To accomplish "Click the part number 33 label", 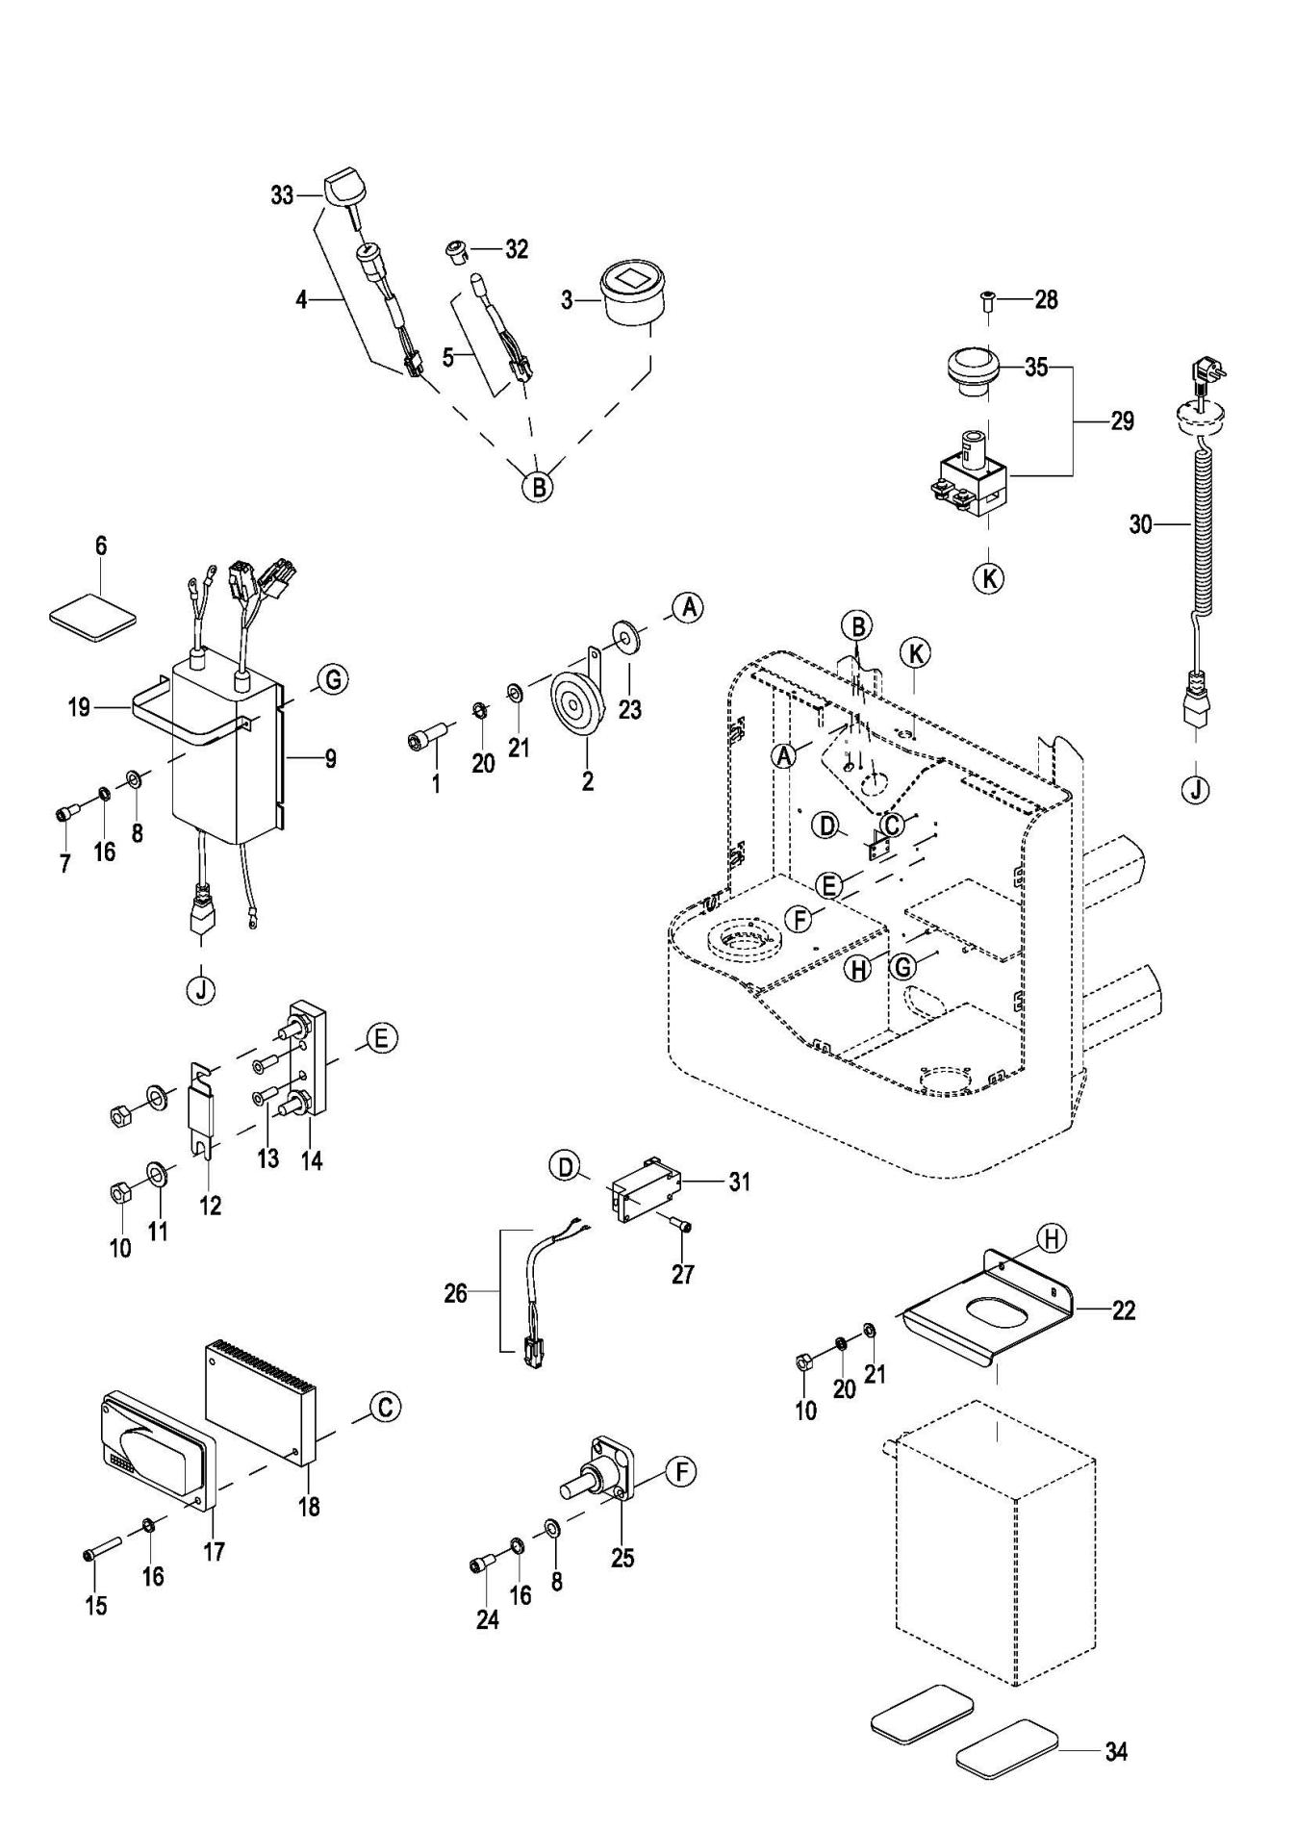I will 282,195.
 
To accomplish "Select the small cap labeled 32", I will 454,253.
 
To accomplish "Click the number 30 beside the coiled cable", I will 1140,524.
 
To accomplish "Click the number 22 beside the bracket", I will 1123,1310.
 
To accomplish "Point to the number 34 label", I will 1115,1751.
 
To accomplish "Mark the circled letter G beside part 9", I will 333,679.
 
